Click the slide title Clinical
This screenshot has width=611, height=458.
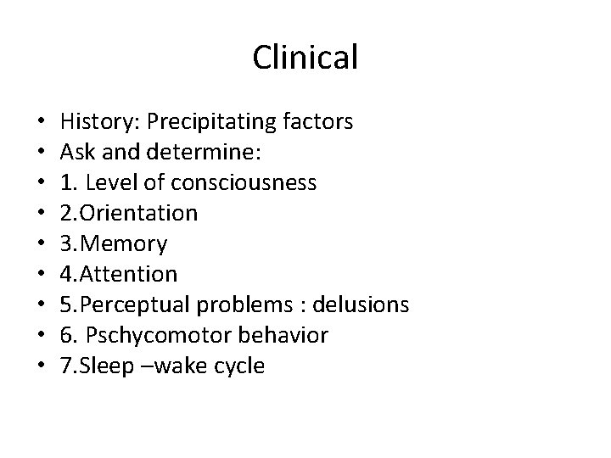[305, 58]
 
